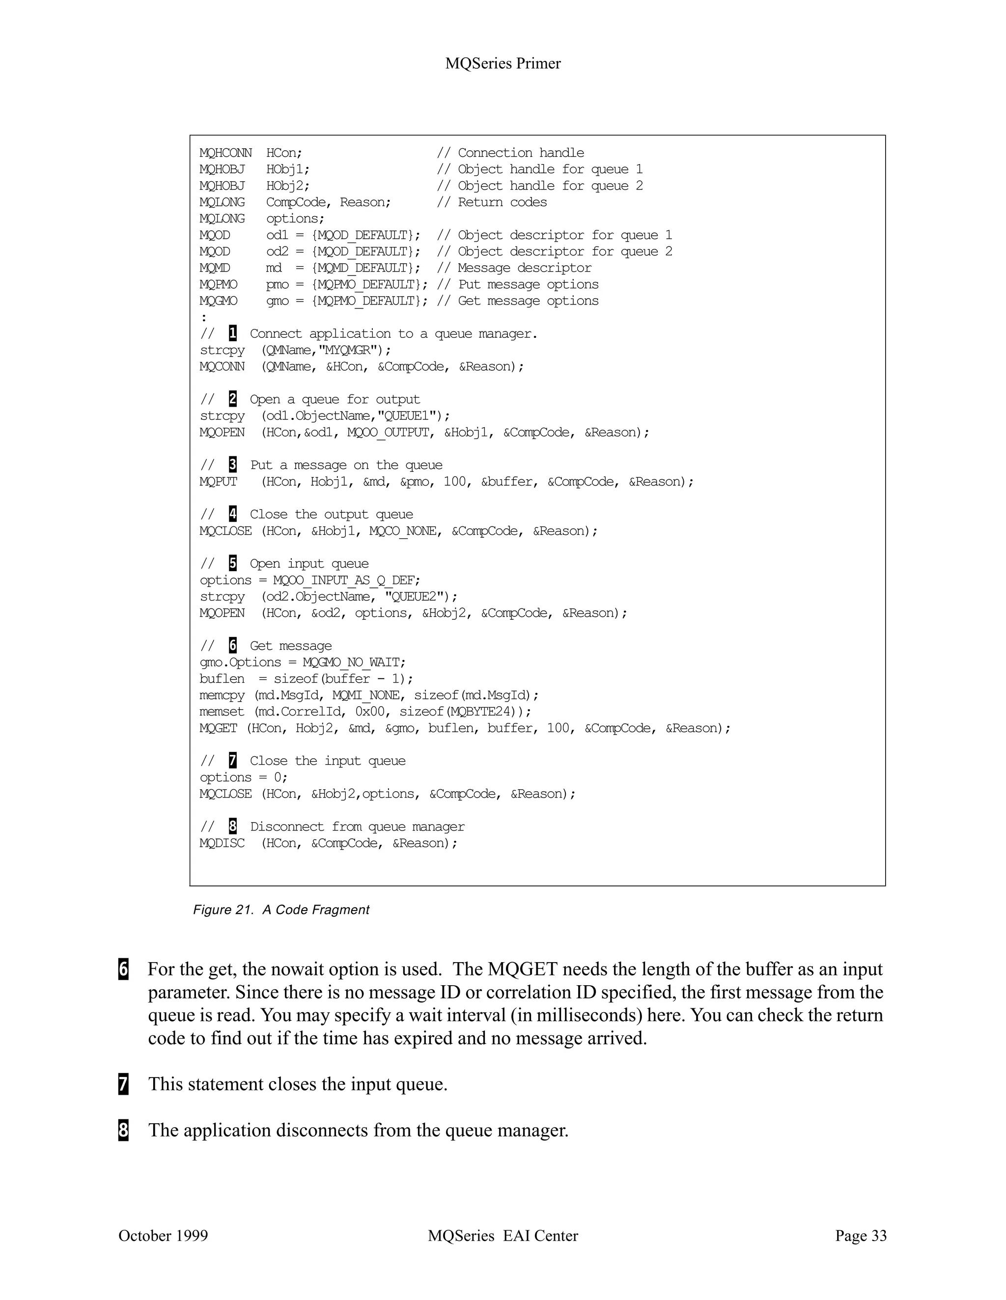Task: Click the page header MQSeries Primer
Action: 503,64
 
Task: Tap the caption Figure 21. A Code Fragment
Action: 281,910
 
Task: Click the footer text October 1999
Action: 163,1236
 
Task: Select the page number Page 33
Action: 860,1236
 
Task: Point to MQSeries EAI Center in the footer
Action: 503,1236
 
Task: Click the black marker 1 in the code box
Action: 233,333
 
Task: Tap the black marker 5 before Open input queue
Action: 233,563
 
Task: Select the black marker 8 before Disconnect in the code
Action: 233,826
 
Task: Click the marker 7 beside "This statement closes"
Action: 123,1084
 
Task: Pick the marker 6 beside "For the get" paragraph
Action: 123,969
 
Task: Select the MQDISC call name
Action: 222,843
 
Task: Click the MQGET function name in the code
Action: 219,728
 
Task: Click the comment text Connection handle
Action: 521,153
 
